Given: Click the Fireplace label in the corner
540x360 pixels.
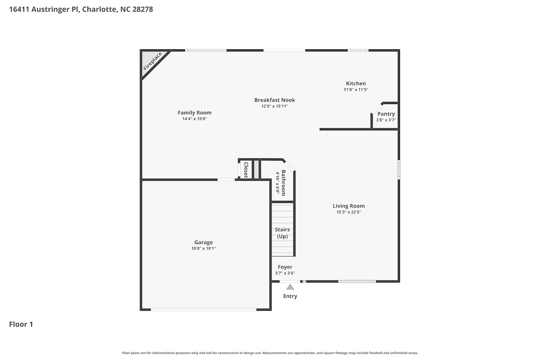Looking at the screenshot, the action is point(152,62).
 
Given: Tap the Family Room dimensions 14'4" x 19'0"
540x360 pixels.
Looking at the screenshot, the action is point(194,119).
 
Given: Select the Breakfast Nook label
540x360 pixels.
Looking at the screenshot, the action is point(275,100).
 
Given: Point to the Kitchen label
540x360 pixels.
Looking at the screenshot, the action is point(356,84).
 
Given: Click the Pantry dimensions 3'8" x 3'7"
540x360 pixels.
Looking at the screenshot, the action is point(386,120).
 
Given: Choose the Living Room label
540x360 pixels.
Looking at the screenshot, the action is point(348,206).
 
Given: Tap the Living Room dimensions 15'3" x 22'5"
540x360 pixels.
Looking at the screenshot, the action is point(348,212).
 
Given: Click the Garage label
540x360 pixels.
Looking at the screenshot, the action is point(203,242).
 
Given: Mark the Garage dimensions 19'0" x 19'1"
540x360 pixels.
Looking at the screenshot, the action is point(203,248).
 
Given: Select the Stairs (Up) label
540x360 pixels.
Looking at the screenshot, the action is point(282,233).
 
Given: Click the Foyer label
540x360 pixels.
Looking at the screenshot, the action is point(285,267).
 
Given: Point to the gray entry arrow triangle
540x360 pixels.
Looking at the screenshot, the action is point(290,287).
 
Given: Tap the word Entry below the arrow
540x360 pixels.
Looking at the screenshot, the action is point(290,296).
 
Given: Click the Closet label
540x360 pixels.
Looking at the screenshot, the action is point(246,170).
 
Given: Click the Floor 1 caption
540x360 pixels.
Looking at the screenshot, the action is point(21,324).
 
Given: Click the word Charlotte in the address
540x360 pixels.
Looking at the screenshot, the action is point(99,9).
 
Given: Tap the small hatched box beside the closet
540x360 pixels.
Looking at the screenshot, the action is point(256,170).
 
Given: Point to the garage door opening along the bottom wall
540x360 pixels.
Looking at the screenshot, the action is point(203,310).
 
